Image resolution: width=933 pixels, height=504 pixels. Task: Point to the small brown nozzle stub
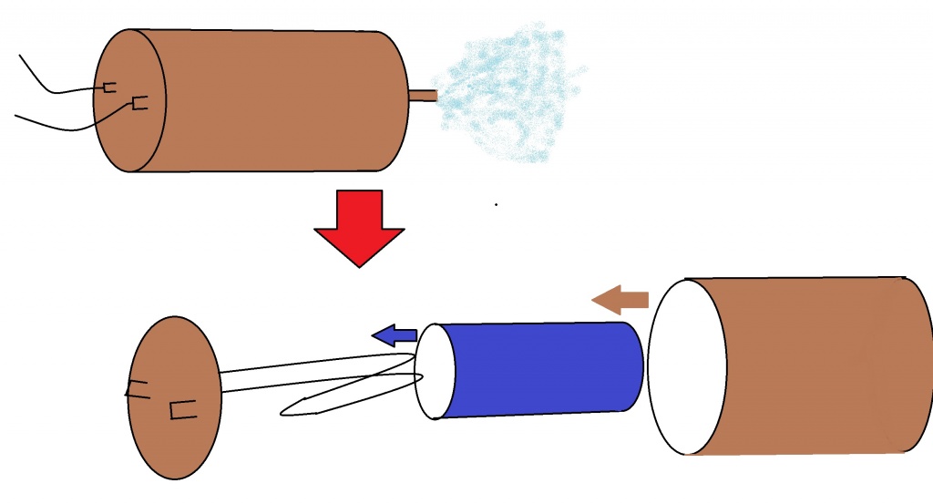423,96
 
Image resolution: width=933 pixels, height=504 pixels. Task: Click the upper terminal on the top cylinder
109,87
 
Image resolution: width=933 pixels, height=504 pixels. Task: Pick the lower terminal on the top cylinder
139,103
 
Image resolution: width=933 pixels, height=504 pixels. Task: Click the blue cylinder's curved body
547,368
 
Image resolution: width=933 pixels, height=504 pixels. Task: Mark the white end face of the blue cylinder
433,371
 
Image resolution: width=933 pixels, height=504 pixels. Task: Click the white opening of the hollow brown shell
687,367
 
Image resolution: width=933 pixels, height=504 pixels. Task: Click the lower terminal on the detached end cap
182,410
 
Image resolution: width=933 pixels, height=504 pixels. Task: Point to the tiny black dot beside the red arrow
496,204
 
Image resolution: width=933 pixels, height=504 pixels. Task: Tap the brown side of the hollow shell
820,365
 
